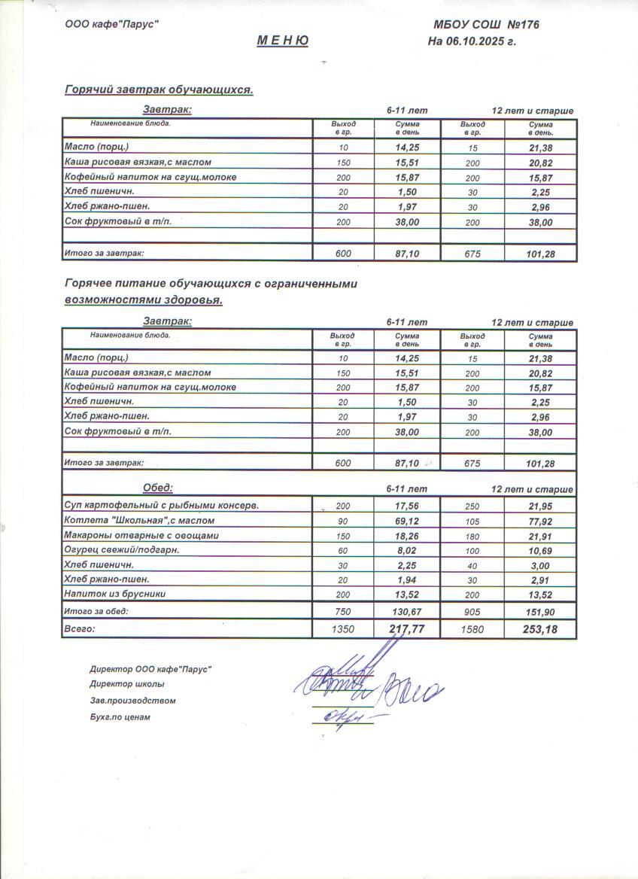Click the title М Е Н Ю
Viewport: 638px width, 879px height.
(x=283, y=41)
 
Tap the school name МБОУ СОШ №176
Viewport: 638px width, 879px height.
(x=486, y=25)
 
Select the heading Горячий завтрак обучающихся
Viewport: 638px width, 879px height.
(x=159, y=90)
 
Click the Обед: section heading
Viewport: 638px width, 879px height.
(x=158, y=488)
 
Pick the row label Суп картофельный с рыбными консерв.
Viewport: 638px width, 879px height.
(x=162, y=506)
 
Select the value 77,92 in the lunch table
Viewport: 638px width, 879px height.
(x=540, y=521)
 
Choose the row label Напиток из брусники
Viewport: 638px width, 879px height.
(x=115, y=594)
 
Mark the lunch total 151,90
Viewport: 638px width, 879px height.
(x=540, y=611)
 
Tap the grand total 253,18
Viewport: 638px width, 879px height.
(x=540, y=628)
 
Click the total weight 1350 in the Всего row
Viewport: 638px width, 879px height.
(x=343, y=628)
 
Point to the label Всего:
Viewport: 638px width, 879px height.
(x=81, y=628)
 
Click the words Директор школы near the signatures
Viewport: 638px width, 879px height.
(x=126, y=684)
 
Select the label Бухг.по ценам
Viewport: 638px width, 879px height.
(x=120, y=717)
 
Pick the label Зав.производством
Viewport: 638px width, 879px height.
(x=132, y=701)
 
